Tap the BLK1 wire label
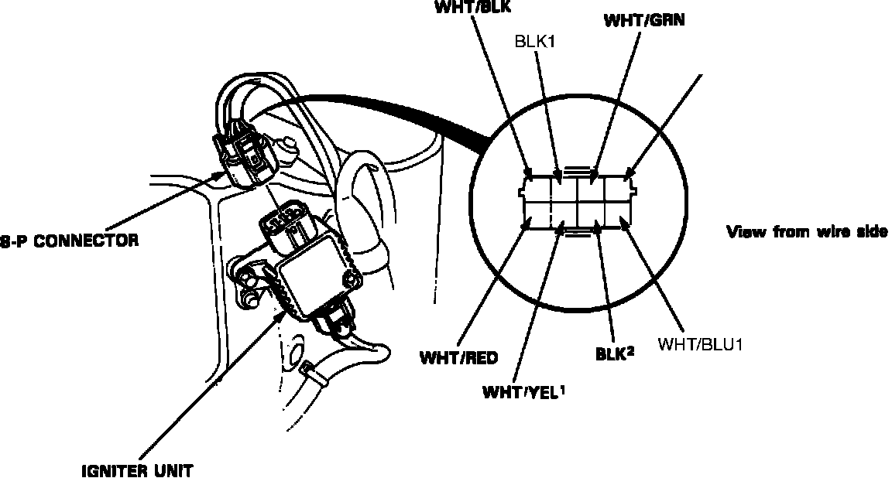[x=534, y=42]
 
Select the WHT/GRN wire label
[x=644, y=20]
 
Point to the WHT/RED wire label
[x=458, y=358]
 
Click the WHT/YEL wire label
[x=524, y=392]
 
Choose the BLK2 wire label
[x=614, y=354]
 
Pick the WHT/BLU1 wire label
[x=700, y=344]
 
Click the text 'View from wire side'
[x=808, y=232]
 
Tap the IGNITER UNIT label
[x=137, y=471]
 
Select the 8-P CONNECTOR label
[x=69, y=241]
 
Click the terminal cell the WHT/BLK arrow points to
[x=537, y=188]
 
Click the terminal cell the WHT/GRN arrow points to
[x=592, y=188]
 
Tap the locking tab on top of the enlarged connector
[x=578, y=169]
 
